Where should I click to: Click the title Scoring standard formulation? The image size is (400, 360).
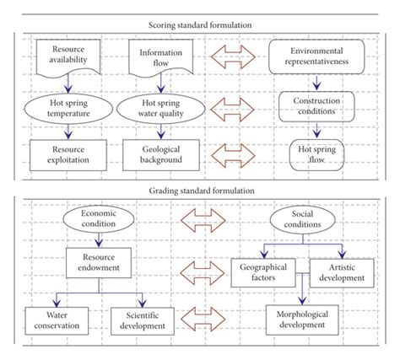201,25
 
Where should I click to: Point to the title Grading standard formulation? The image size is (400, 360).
201,191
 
